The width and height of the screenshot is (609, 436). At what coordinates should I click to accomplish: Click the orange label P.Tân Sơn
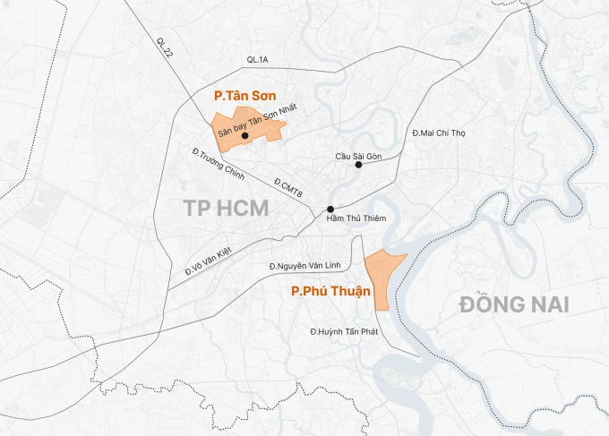click(x=244, y=94)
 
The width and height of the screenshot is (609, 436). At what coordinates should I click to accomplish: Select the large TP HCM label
click(x=226, y=209)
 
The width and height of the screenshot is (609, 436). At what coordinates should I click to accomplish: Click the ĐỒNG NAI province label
click(x=514, y=303)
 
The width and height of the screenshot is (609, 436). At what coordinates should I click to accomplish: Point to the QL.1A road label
click(x=258, y=60)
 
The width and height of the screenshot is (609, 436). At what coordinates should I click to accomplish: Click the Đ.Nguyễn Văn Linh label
click(x=306, y=266)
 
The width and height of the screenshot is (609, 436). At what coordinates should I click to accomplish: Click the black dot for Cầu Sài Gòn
click(x=358, y=165)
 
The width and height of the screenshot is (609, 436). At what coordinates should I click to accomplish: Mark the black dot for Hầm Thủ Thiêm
click(x=330, y=209)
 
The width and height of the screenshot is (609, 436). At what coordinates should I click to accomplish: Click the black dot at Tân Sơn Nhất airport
click(x=244, y=136)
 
